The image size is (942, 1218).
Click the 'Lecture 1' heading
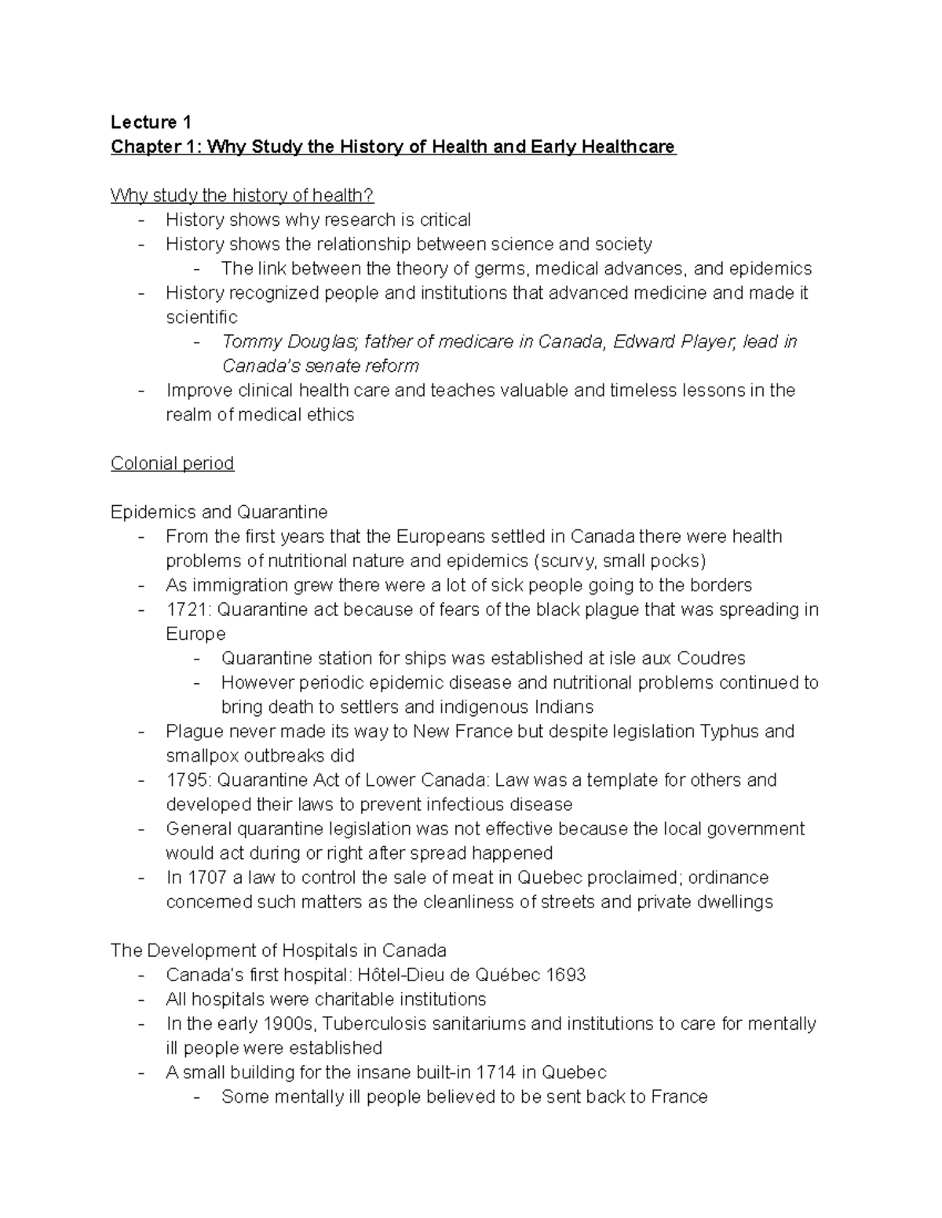(x=151, y=122)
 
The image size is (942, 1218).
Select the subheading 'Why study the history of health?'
(x=243, y=195)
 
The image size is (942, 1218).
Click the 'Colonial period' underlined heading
(x=173, y=464)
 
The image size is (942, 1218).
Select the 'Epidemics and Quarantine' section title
(x=219, y=512)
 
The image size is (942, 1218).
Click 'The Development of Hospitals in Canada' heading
(x=279, y=951)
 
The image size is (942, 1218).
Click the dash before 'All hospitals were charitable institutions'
(x=141, y=1000)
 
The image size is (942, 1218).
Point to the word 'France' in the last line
(x=679, y=1096)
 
